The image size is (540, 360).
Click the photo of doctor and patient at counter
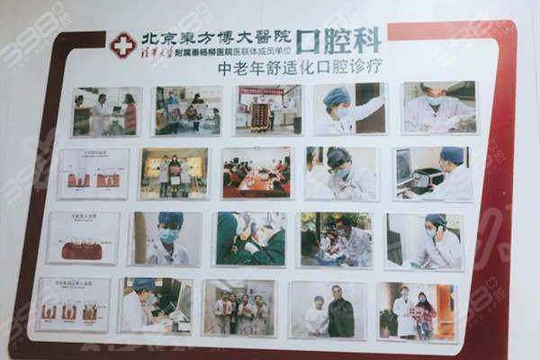coord(106,112)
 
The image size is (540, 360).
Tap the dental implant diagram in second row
coord(93,173)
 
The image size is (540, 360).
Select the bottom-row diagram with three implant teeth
coord(73,304)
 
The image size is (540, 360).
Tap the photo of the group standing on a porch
coord(175,173)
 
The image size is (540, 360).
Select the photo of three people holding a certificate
coord(238,308)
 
